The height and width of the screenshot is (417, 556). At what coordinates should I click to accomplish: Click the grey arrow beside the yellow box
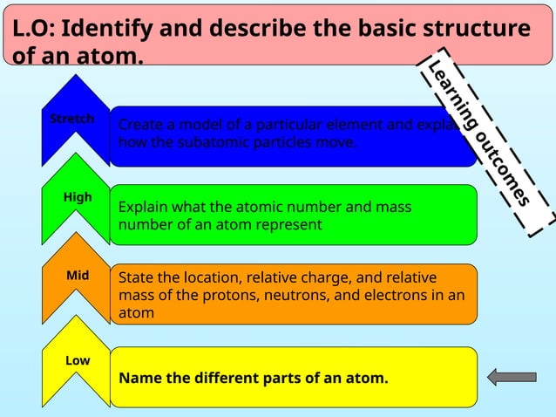512,377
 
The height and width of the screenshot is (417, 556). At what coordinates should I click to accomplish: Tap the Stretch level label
71,119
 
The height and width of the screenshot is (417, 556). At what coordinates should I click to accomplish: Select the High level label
78,197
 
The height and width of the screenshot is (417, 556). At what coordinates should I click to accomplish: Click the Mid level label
78,276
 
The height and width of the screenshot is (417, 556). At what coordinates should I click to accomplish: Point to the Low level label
78,359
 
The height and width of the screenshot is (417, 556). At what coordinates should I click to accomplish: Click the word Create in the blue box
139,124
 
